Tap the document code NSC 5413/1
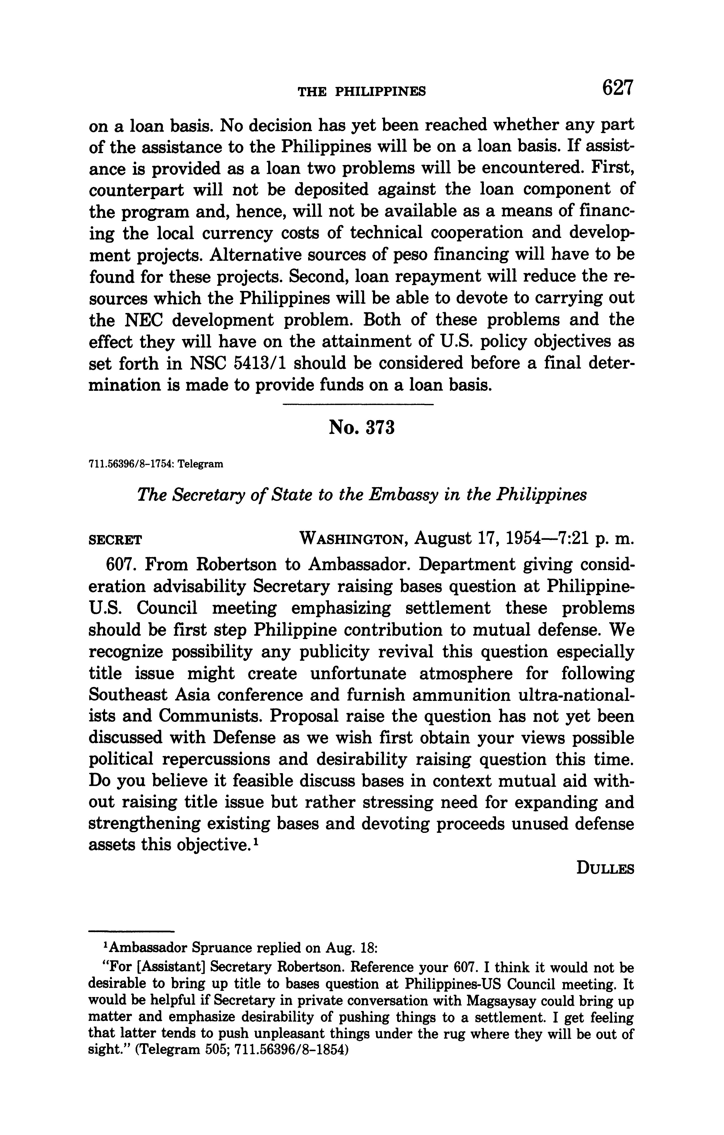238,363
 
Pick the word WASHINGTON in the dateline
353,538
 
